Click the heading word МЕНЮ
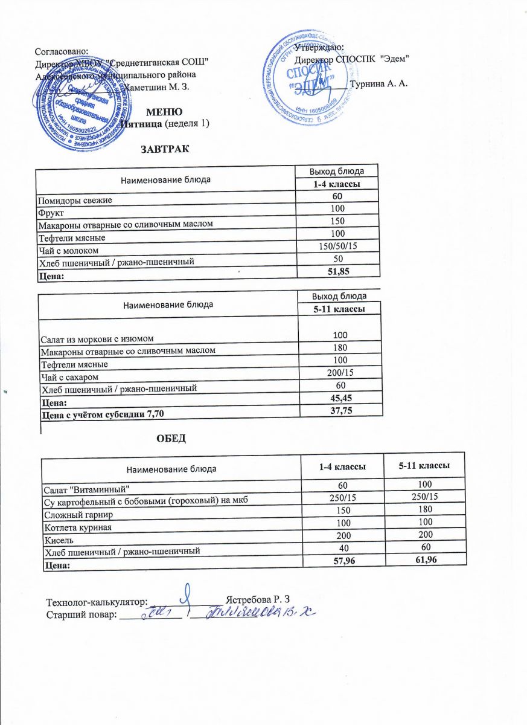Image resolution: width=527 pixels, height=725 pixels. pyautogui.click(x=165, y=112)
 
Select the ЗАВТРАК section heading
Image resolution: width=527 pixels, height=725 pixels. pyautogui.click(x=165, y=149)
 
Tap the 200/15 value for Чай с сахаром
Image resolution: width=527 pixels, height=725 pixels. pyautogui.click(x=341, y=374)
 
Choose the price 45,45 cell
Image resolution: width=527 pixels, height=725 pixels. pyautogui.click(x=342, y=398)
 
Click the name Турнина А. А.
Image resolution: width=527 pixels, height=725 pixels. pyautogui.click(x=383, y=83)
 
